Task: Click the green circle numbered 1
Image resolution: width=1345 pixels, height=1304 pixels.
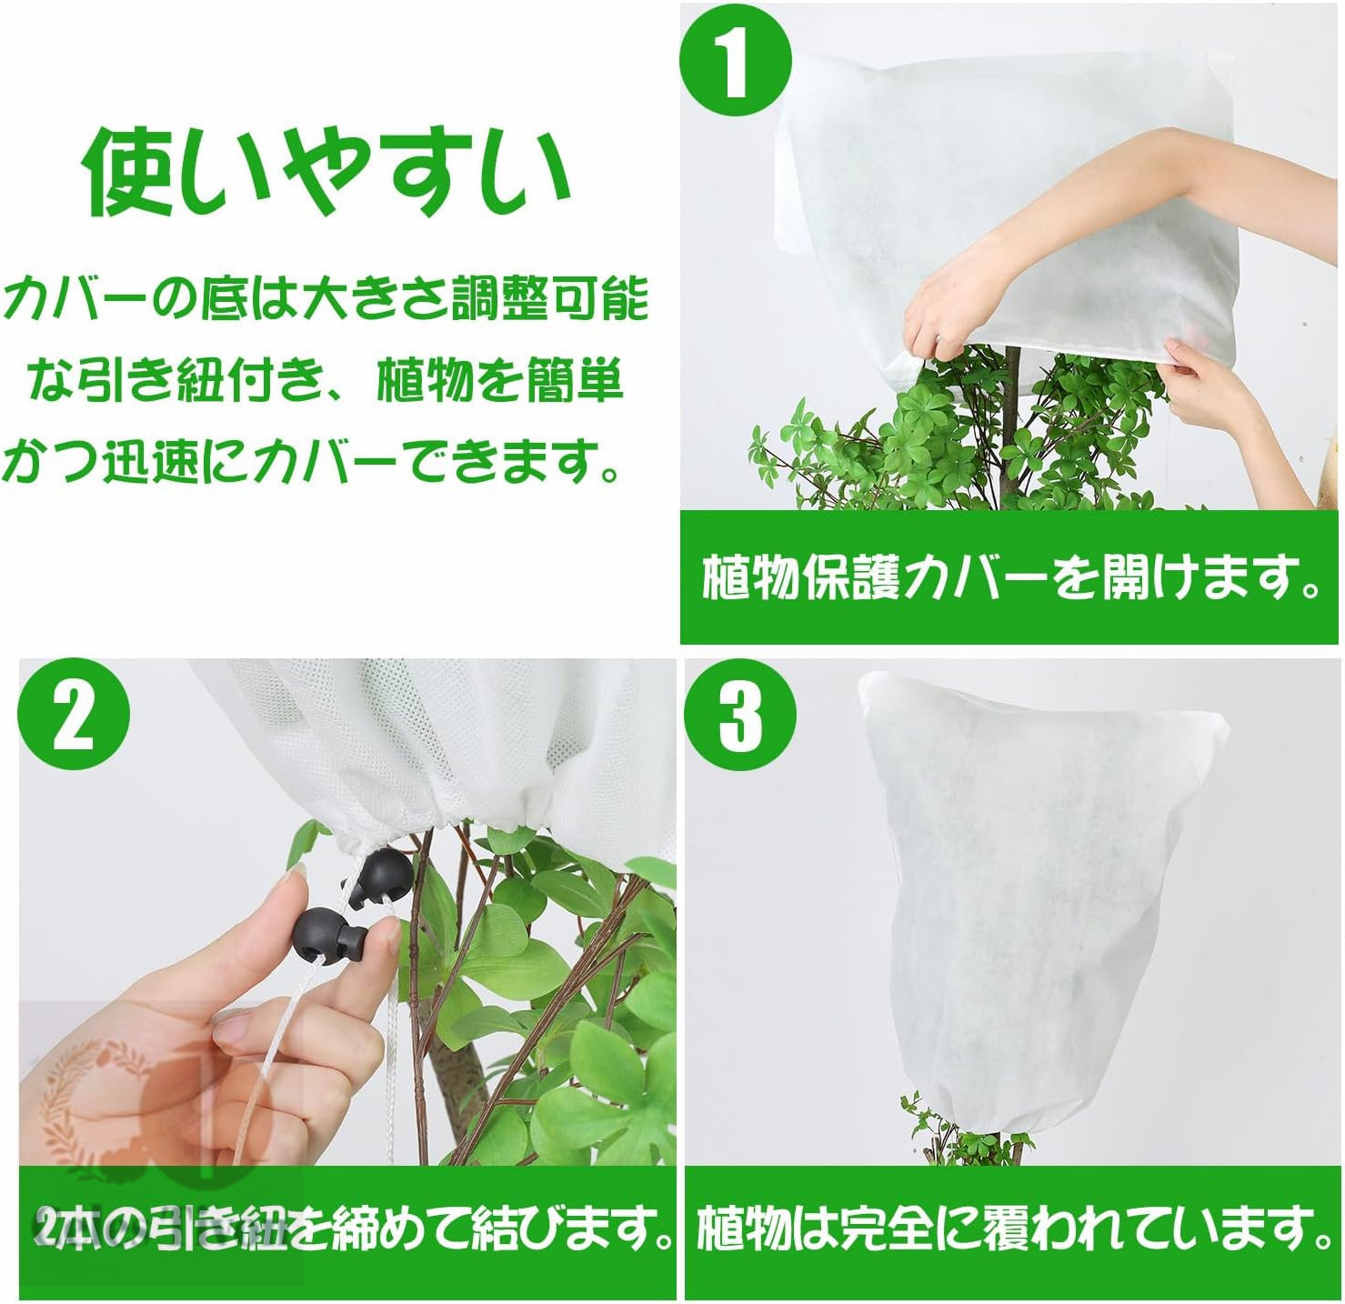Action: (x=736, y=62)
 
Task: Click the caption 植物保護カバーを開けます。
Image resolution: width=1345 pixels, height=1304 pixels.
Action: (x=1012, y=577)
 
